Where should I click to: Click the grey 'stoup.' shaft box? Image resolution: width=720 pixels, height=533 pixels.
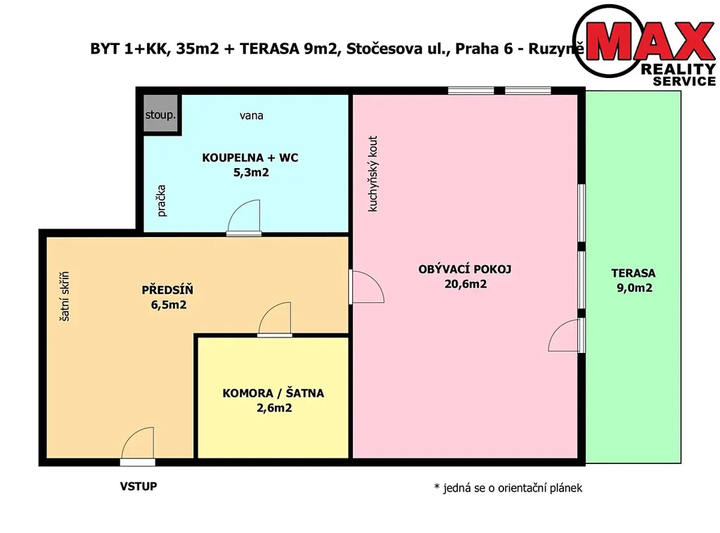pyautogui.click(x=160, y=114)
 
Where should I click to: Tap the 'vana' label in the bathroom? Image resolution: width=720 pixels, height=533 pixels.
pyautogui.click(x=251, y=116)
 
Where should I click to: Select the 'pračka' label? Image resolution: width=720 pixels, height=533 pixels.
pyautogui.click(x=161, y=200)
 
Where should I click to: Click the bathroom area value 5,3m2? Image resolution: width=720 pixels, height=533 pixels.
pyautogui.click(x=251, y=172)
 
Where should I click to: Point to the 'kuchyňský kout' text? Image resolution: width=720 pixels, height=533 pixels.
pyautogui.click(x=373, y=174)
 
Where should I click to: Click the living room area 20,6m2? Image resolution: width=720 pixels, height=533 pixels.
pyautogui.click(x=465, y=284)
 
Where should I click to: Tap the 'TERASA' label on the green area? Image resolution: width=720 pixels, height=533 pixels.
pyautogui.click(x=634, y=273)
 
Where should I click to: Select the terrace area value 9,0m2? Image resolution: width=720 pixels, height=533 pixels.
pyautogui.click(x=634, y=288)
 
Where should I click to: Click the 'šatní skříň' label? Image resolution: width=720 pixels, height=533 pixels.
pyautogui.click(x=65, y=297)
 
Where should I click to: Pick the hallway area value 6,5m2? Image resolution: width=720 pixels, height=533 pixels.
pyautogui.click(x=169, y=305)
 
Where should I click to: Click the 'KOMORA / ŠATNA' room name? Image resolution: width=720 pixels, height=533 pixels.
pyautogui.click(x=274, y=393)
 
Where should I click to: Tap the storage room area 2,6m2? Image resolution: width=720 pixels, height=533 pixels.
pyautogui.click(x=274, y=408)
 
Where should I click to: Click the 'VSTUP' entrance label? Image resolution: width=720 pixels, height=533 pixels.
pyautogui.click(x=139, y=486)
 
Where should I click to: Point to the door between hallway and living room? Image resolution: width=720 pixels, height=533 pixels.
pyautogui.click(x=366, y=286)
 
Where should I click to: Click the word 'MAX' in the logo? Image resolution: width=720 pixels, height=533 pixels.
pyautogui.click(x=650, y=40)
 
